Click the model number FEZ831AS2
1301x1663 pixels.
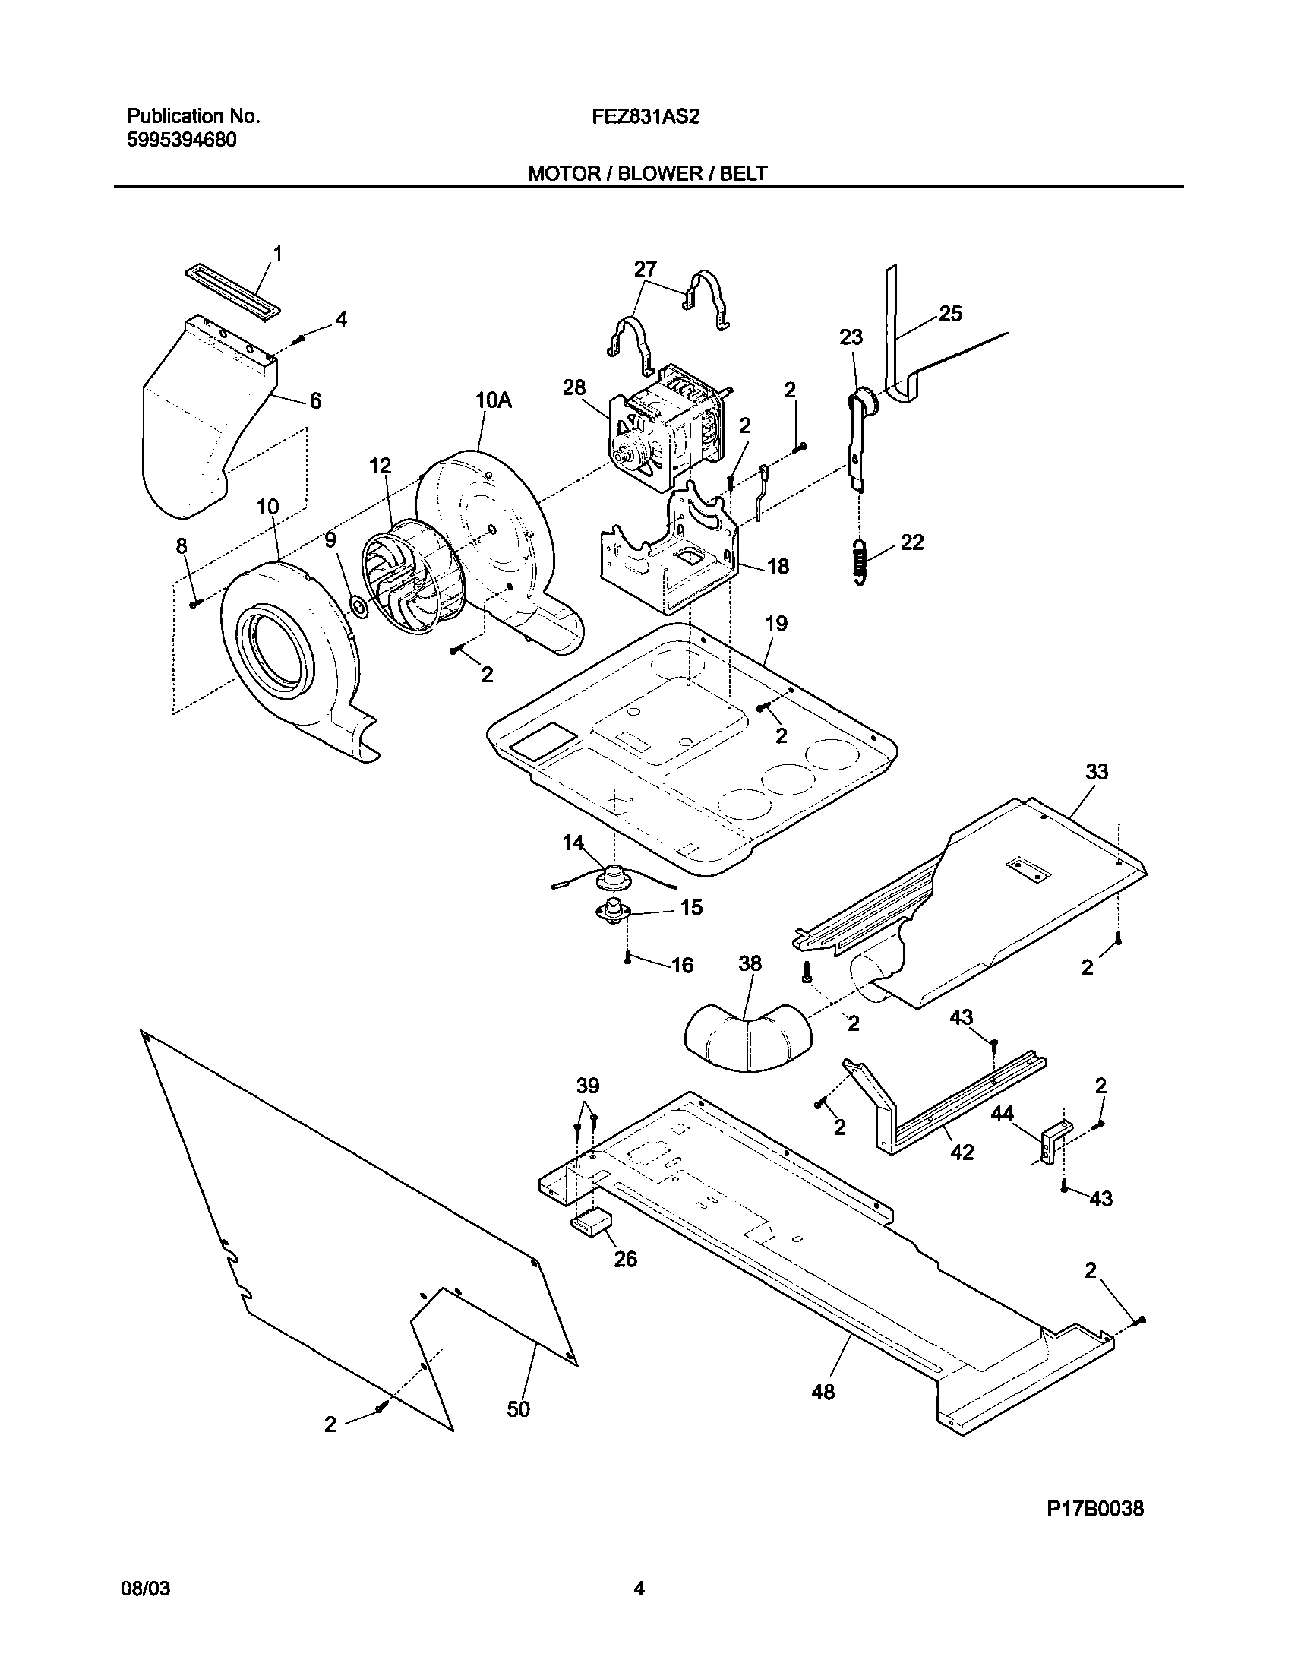(x=646, y=116)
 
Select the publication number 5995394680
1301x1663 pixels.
(x=182, y=141)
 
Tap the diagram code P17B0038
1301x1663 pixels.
(x=1094, y=1508)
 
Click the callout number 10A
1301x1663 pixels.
(x=493, y=400)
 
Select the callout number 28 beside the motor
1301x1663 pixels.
(x=573, y=387)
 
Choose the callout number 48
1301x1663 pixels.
(x=823, y=1392)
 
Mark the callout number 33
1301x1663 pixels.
(x=1097, y=772)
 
